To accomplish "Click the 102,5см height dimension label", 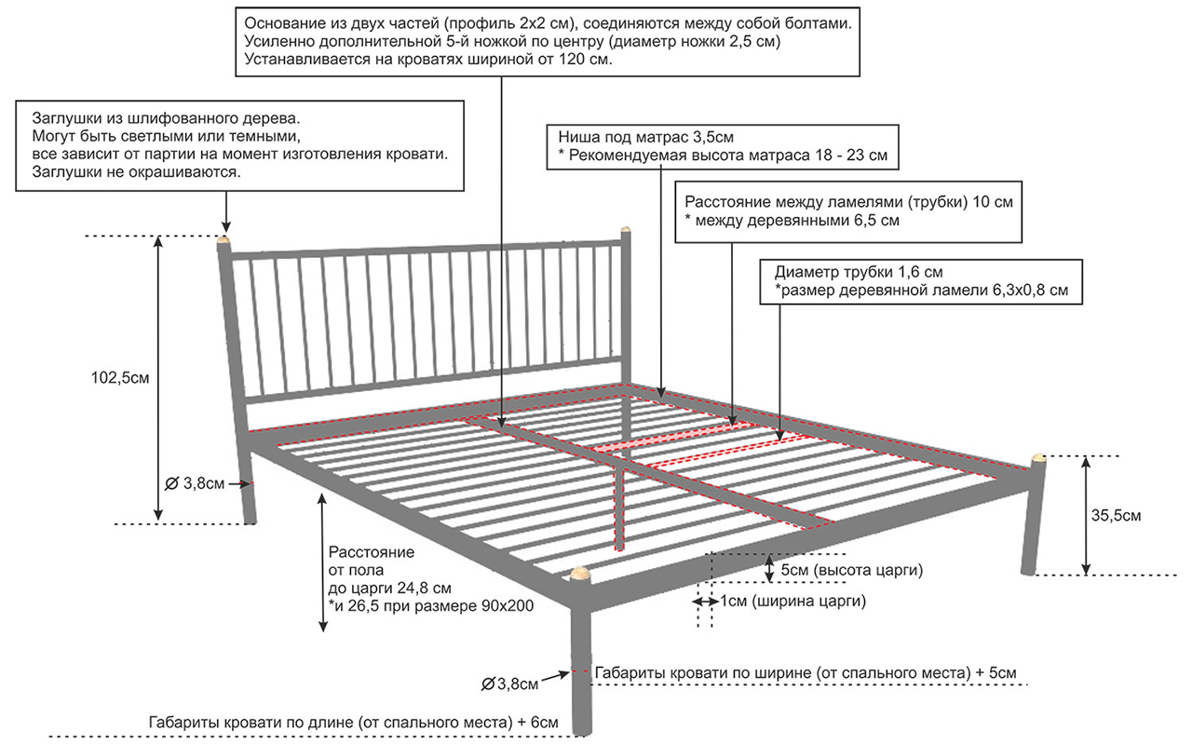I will (120, 378).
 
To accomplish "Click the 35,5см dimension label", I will (1118, 515).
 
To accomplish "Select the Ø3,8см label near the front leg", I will (510, 684).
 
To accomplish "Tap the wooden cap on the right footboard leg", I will (1039, 458).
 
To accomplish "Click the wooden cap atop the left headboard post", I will (223, 242).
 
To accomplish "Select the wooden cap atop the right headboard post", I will (626, 229).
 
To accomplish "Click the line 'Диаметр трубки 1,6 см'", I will (859, 273).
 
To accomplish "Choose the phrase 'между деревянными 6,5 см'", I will (798, 221).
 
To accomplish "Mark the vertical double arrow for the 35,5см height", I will (1086, 515).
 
